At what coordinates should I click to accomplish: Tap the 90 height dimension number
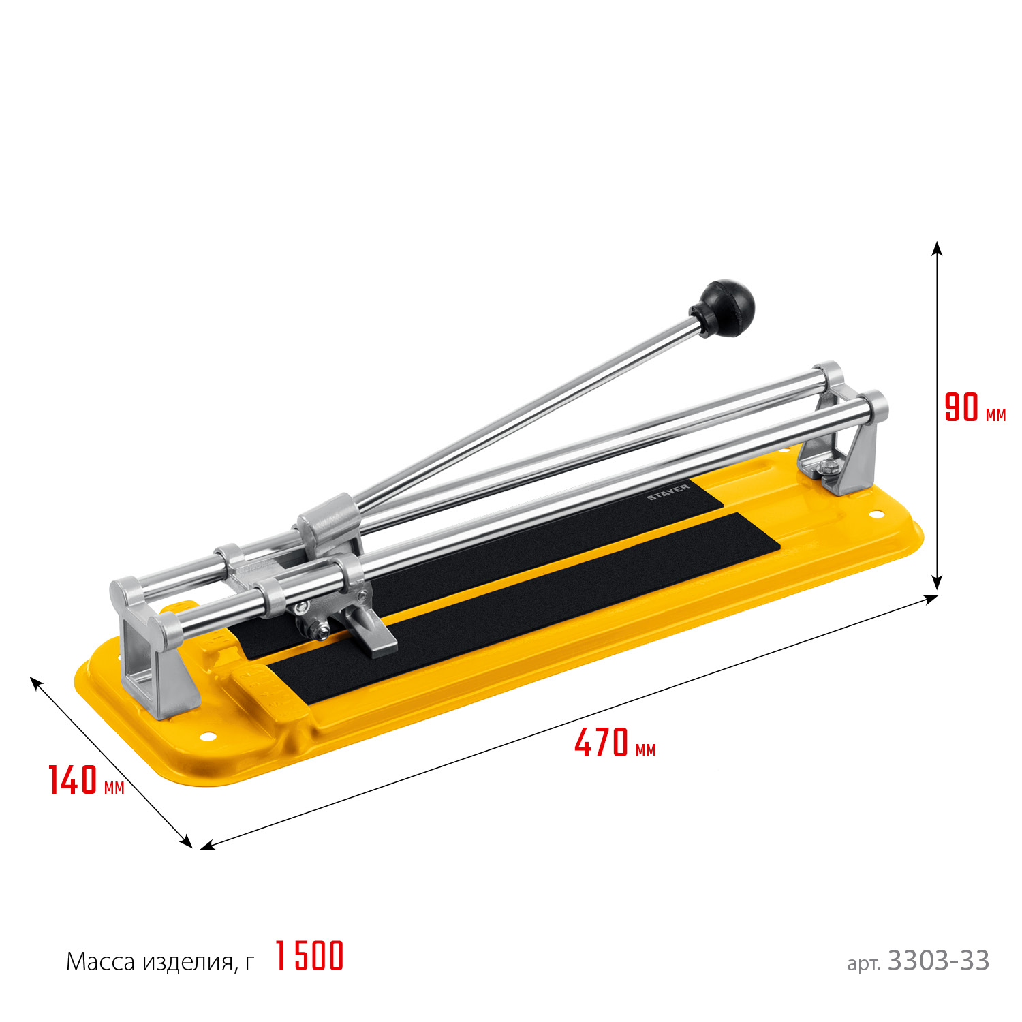(x=961, y=407)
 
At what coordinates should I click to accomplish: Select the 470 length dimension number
(x=601, y=743)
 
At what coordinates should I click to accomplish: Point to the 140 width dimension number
(x=73, y=780)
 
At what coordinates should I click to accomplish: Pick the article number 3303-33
(x=938, y=961)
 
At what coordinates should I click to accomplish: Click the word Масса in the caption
(x=101, y=961)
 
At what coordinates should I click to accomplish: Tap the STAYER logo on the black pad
(x=668, y=492)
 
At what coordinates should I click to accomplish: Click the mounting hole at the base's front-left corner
(x=207, y=737)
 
